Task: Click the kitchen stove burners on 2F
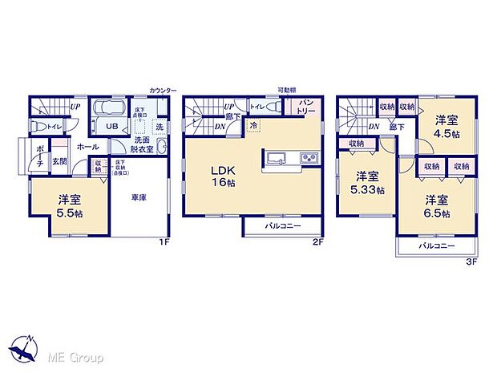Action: pyautogui.click(x=309, y=158)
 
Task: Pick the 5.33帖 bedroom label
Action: pyautogui.click(x=367, y=183)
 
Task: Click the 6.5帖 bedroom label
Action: pyautogui.click(x=437, y=207)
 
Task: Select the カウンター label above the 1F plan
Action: pyautogui.click(x=163, y=91)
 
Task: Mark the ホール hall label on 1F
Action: pyautogui.click(x=87, y=148)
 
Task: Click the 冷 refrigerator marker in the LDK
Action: pyautogui.click(x=253, y=127)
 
